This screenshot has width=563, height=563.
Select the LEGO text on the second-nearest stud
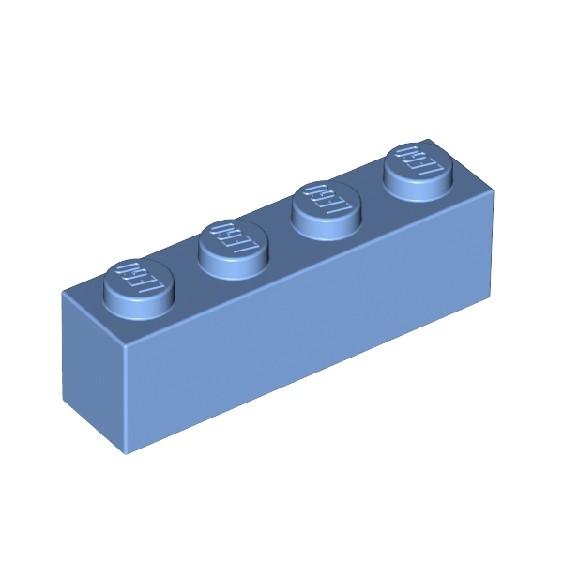(235, 239)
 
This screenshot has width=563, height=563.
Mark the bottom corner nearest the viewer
(127, 453)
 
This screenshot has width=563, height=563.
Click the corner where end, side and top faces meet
(124, 347)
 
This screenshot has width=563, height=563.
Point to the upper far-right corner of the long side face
(494, 193)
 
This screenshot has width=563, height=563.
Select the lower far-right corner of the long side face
(490, 297)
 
